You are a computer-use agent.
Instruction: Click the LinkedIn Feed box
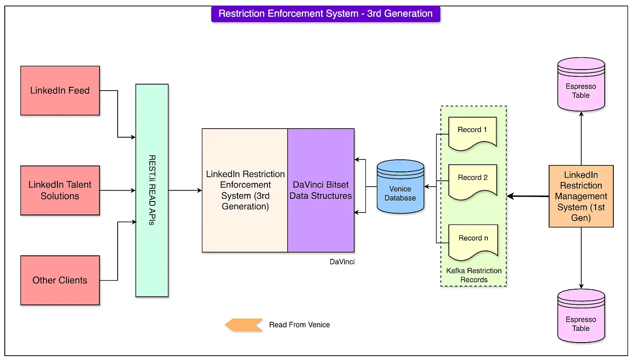click(60, 91)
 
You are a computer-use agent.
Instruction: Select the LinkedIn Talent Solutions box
click(60, 190)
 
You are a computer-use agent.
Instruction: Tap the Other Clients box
click(60, 280)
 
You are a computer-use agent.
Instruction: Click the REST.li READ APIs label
click(152, 190)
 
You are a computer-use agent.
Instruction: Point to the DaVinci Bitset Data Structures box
click(321, 190)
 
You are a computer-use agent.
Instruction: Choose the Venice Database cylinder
click(400, 187)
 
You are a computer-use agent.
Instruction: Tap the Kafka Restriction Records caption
click(474, 275)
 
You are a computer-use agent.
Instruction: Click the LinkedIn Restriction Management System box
click(581, 196)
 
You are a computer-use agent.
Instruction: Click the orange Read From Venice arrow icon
click(244, 325)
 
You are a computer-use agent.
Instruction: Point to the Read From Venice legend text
click(300, 325)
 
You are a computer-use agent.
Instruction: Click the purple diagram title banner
click(326, 13)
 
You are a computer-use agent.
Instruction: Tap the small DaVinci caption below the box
click(342, 262)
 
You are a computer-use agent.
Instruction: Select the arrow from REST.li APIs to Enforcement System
click(185, 190)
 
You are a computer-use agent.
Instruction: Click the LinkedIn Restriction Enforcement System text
click(245, 190)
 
